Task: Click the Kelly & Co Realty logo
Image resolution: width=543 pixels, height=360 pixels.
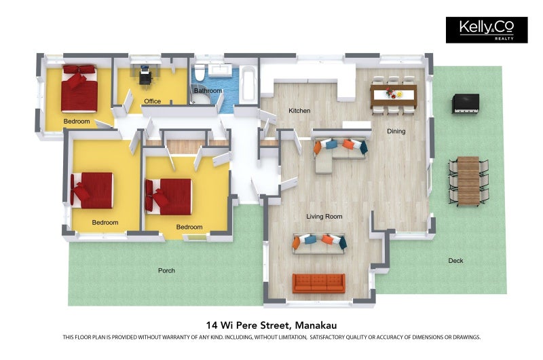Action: click(486, 30)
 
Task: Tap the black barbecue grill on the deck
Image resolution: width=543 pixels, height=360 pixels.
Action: click(466, 103)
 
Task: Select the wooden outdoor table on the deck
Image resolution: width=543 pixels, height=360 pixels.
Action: click(468, 180)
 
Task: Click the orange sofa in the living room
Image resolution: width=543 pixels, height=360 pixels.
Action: click(318, 283)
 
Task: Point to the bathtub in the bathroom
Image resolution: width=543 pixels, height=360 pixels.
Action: click(249, 86)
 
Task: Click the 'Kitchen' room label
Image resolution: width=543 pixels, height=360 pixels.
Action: click(299, 111)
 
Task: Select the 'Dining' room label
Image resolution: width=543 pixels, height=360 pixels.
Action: click(396, 131)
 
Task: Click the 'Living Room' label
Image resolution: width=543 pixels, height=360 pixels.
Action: click(324, 217)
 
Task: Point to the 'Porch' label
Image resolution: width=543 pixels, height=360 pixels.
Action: click(166, 270)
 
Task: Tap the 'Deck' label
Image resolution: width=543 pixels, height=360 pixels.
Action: click(456, 261)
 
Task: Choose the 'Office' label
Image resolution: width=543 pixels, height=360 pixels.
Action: click(153, 102)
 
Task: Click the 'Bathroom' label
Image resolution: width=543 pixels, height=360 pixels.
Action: click(208, 90)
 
